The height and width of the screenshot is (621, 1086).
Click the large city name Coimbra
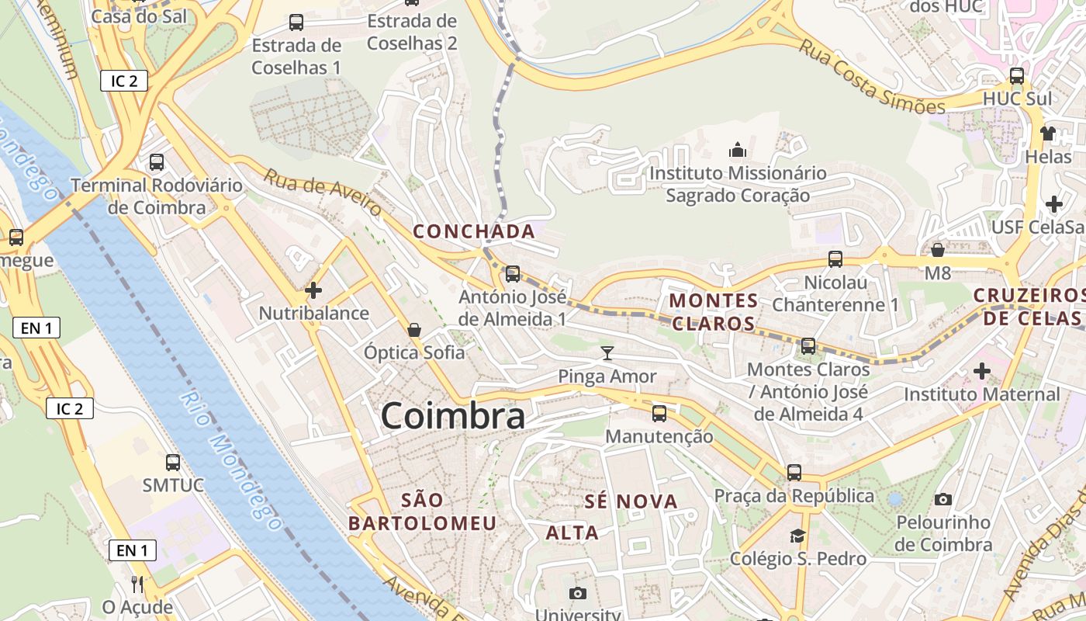click(x=452, y=416)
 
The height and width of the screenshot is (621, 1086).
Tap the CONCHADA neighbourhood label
click(x=474, y=231)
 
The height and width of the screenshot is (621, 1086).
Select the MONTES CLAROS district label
click(x=714, y=311)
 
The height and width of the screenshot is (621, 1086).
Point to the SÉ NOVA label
click(x=631, y=501)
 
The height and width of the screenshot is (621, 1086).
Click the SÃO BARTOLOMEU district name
click(x=422, y=512)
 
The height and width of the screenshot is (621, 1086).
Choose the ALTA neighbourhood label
click(x=572, y=533)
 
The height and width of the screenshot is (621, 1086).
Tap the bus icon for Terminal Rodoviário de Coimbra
click(x=157, y=162)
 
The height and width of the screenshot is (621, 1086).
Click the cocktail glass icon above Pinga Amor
click(x=607, y=354)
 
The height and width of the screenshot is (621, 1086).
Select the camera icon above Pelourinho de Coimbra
click(x=943, y=499)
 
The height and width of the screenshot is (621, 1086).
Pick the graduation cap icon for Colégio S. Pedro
click(x=797, y=536)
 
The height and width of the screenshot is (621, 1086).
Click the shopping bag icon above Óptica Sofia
click(x=414, y=330)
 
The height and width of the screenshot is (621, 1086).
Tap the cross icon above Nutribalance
click(x=313, y=291)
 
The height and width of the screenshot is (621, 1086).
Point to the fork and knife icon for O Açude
click(x=137, y=584)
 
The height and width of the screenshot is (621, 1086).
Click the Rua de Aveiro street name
click(x=322, y=193)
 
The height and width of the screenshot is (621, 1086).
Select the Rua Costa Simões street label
click(x=872, y=78)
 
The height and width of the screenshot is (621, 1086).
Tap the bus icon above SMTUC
click(x=173, y=463)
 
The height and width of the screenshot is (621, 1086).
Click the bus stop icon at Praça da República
click(x=794, y=472)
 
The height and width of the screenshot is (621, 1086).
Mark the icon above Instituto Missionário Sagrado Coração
click(x=737, y=149)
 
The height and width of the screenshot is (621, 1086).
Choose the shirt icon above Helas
click(x=1048, y=133)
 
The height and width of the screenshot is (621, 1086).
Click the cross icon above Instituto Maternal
click(x=981, y=371)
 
